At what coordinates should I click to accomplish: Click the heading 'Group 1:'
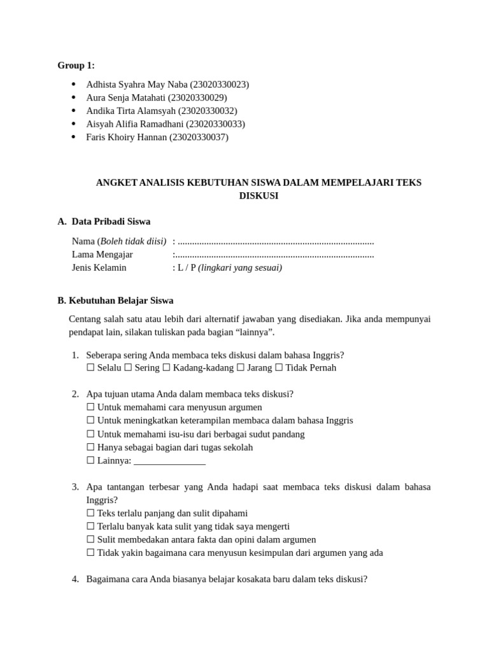tap(76, 65)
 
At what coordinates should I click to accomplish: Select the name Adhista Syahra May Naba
tap(137, 85)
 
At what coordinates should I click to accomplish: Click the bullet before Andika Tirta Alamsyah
tap(74, 111)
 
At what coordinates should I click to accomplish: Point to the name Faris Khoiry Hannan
tap(126, 137)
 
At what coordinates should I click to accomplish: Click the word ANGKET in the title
tap(116, 183)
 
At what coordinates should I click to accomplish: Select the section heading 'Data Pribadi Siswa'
tap(111, 222)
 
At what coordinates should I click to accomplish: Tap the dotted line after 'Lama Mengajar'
tap(274, 255)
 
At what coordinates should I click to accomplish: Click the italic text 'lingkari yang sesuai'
tap(240, 267)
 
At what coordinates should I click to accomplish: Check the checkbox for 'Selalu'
tap(90, 368)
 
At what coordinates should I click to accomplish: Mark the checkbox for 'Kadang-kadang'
tap(166, 368)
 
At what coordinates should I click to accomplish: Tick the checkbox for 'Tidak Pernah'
tap(279, 368)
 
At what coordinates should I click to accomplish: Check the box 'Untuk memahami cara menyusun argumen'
tap(90, 407)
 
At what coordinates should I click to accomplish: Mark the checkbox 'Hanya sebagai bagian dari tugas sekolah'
tap(90, 448)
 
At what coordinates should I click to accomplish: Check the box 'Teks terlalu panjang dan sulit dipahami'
tap(90, 513)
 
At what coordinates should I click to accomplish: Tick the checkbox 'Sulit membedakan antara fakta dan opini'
tap(90, 540)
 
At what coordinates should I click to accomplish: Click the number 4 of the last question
tap(75, 579)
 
